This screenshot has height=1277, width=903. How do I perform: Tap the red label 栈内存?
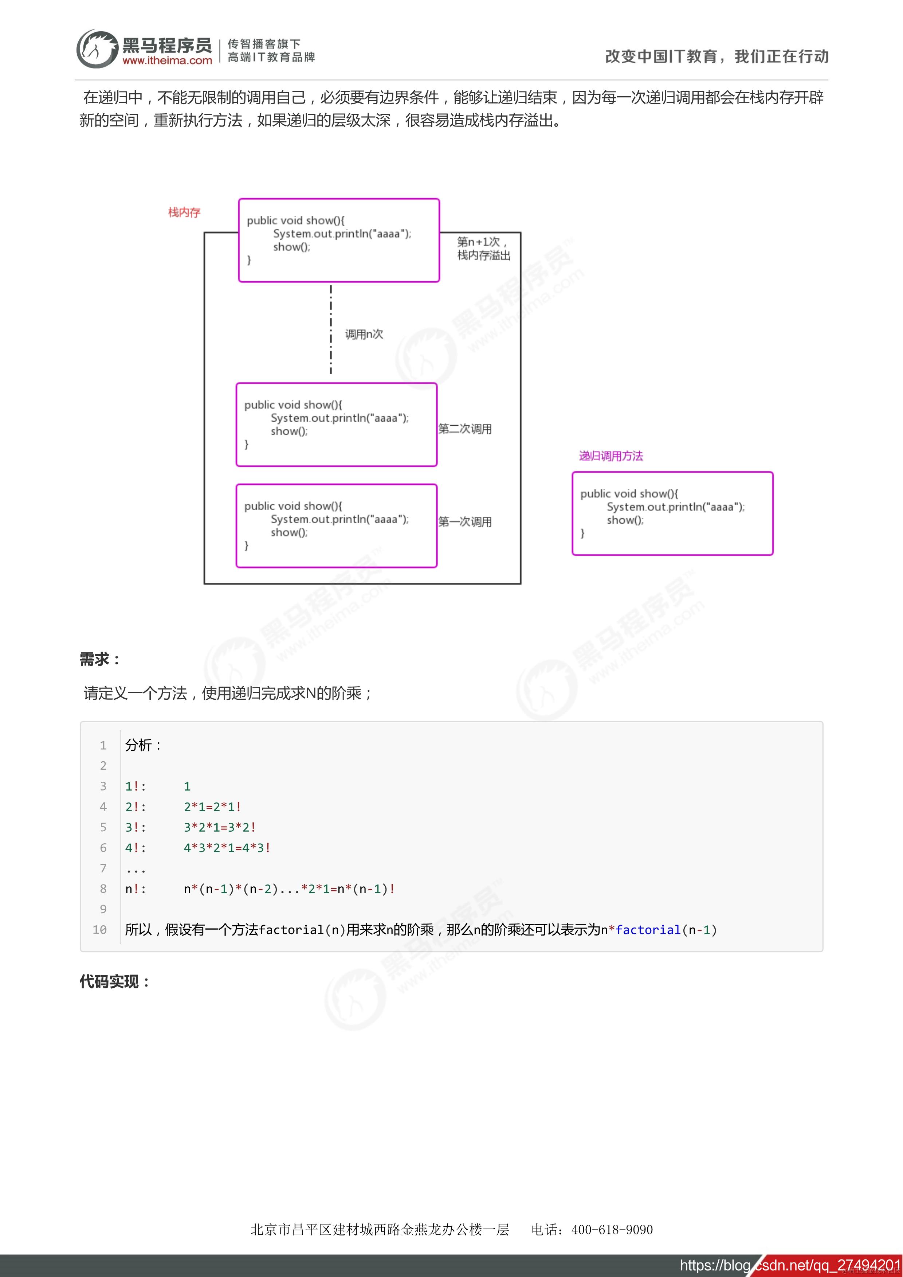click(184, 212)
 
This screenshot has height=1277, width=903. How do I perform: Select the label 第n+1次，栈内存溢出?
click(483, 249)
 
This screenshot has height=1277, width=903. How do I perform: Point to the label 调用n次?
click(364, 334)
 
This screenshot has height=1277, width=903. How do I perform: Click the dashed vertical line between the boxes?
click(331, 328)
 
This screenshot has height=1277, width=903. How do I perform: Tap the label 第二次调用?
click(465, 429)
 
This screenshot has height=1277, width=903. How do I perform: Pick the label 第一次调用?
click(465, 522)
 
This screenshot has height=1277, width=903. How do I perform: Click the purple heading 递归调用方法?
click(610, 456)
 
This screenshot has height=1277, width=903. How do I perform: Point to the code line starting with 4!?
click(198, 848)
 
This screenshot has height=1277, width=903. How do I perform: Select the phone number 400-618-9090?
click(612, 1229)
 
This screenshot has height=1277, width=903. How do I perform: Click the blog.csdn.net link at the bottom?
click(790, 1265)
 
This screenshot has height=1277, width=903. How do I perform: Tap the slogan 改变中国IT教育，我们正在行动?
click(717, 56)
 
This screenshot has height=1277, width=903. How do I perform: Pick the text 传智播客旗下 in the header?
click(264, 44)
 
